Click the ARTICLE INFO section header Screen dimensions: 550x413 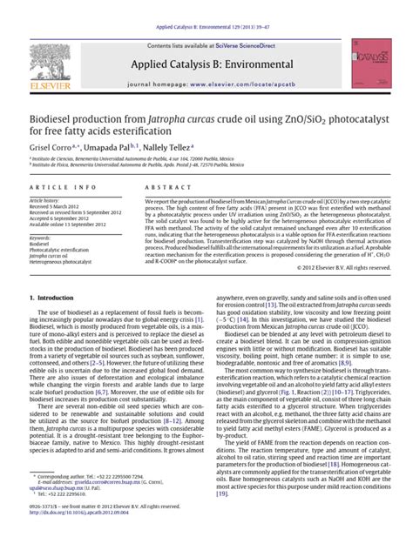tap(57, 187)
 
